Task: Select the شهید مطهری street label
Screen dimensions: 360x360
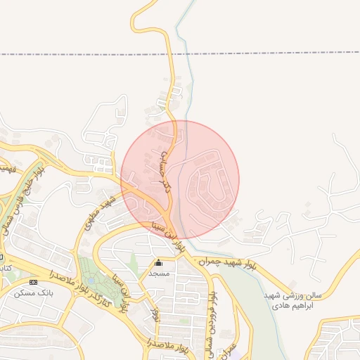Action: point(99,210)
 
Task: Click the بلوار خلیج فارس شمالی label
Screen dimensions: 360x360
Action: point(34,185)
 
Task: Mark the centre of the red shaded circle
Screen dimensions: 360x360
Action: point(180,179)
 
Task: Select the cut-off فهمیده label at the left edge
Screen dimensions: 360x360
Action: point(7,169)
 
